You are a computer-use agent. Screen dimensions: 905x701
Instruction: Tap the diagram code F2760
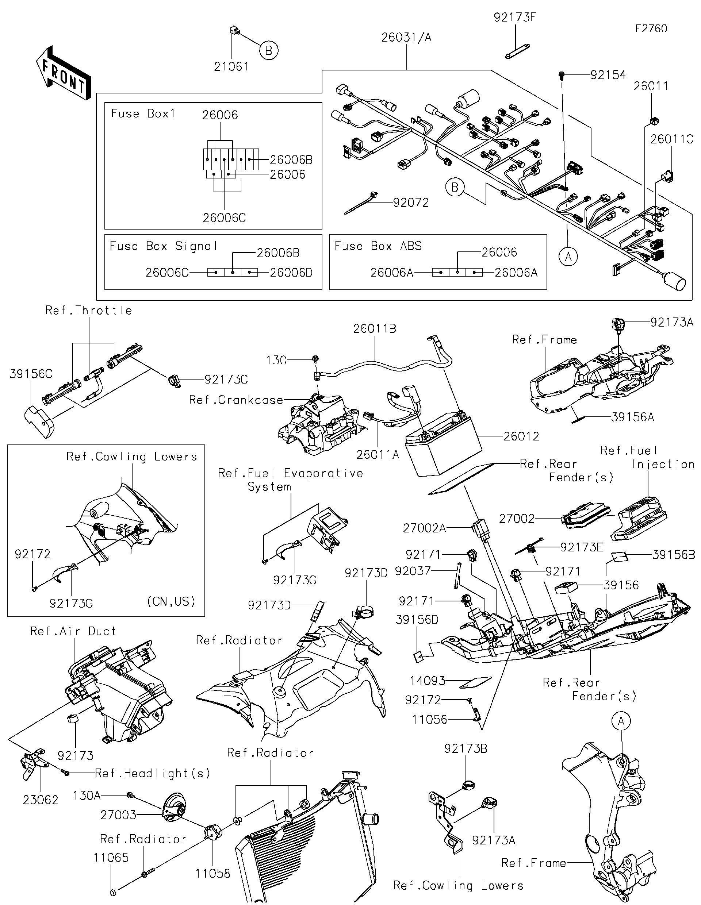[x=651, y=28]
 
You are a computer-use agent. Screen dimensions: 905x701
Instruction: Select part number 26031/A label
[x=406, y=38]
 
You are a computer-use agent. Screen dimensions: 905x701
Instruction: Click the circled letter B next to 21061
[x=269, y=51]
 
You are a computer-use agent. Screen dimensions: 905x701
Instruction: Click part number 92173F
[x=514, y=18]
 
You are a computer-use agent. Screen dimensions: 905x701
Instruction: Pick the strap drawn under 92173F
[x=517, y=52]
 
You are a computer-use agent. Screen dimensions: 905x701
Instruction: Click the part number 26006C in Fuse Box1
[x=224, y=218]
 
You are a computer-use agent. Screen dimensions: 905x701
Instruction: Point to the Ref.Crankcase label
[x=236, y=400]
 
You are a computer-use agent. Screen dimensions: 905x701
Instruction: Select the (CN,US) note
[x=171, y=601]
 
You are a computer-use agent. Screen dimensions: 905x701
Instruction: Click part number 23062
[x=41, y=800]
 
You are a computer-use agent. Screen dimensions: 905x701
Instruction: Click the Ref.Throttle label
[x=89, y=311]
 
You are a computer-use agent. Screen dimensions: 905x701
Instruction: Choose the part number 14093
[x=428, y=681]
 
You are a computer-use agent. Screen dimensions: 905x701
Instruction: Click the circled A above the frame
[x=621, y=721]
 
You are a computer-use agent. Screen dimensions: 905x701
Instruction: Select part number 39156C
[x=31, y=374]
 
